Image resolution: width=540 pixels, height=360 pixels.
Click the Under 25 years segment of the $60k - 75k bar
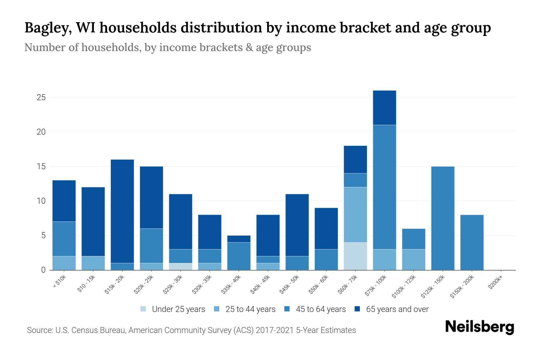(x=355, y=256)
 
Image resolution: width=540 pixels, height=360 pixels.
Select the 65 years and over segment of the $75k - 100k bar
(x=384, y=108)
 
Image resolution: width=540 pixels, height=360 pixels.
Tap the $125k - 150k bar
(x=442, y=218)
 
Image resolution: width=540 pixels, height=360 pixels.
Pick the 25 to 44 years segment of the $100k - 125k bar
(x=413, y=259)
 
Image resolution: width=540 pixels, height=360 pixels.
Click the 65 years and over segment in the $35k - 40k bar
(x=239, y=239)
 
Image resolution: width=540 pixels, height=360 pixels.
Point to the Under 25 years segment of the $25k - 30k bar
(x=181, y=266)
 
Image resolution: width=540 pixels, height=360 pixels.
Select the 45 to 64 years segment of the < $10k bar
(x=64, y=239)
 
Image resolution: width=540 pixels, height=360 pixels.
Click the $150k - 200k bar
(x=472, y=242)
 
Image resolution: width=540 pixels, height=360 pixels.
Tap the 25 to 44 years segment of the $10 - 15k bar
(x=93, y=263)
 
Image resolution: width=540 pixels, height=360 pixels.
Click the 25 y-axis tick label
(x=41, y=97)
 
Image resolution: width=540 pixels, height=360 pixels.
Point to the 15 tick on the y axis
(x=41, y=166)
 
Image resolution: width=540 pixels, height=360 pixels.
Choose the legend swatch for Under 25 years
(x=143, y=309)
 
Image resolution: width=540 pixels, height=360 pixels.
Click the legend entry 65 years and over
(x=397, y=309)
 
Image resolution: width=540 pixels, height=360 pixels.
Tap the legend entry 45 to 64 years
(x=320, y=309)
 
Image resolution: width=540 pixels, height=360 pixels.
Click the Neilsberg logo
(x=479, y=327)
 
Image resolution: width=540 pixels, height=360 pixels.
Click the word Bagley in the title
(x=48, y=28)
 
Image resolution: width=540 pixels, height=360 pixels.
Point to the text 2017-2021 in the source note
(x=274, y=330)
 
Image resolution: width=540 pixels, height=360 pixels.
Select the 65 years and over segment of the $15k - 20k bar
(x=122, y=211)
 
